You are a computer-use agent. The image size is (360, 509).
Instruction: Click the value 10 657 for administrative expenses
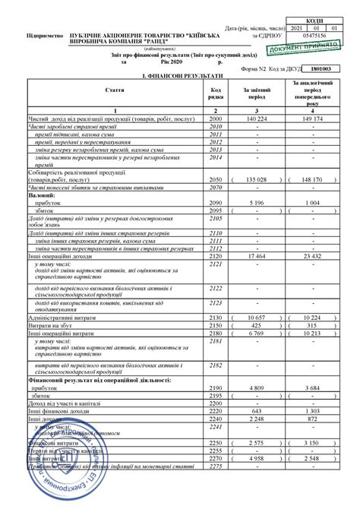coord(253,315)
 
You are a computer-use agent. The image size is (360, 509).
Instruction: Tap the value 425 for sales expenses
coord(254,323)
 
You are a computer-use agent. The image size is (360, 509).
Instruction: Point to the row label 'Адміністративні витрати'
coord(61,315)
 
